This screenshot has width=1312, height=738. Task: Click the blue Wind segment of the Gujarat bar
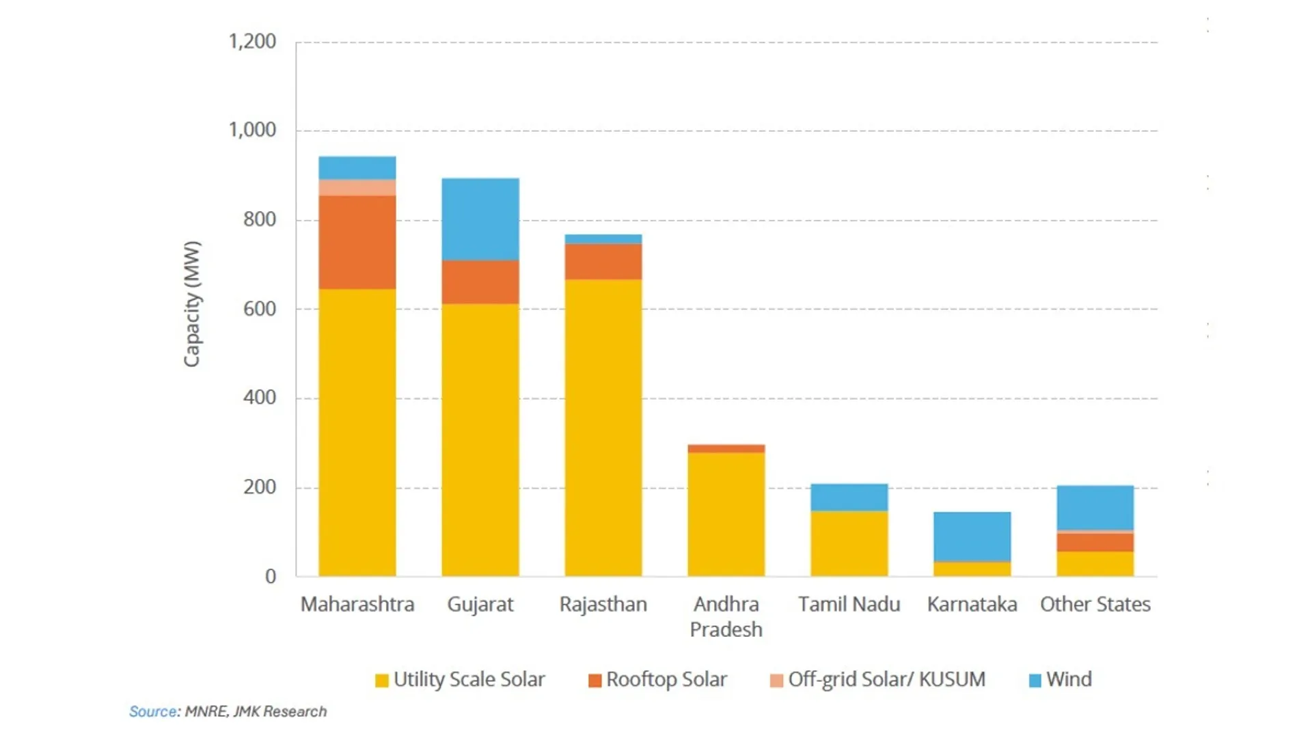point(480,219)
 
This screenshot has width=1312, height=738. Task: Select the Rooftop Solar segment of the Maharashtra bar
point(357,242)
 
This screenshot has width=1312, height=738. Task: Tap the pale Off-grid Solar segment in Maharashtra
point(357,187)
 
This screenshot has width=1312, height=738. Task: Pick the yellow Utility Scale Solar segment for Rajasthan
point(603,427)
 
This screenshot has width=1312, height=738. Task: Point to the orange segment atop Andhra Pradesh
point(726,449)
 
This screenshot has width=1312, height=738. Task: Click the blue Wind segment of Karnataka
point(972,536)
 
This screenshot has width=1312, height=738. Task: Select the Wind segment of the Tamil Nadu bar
point(849,497)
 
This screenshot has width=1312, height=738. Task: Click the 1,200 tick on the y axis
point(252,42)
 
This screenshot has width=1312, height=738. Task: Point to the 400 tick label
point(260,398)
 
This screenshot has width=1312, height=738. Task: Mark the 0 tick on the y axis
point(271,577)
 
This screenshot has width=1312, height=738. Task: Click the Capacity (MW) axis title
point(192,304)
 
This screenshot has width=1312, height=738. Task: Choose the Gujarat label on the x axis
point(480,605)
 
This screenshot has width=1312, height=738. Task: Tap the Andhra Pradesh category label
point(726,616)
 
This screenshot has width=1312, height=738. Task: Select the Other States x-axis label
point(1095,605)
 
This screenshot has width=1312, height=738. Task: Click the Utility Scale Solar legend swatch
point(381,681)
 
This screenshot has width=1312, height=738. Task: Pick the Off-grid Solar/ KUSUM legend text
point(886,680)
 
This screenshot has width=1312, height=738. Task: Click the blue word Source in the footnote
point(153,711)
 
